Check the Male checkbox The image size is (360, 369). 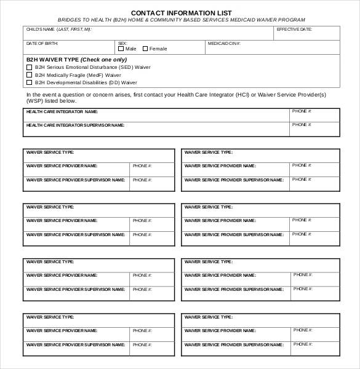click(121, 49)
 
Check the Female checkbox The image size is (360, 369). click(145, 49)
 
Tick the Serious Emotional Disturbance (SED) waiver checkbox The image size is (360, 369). click(29, 67)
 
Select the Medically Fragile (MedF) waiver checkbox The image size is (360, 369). click(29, 74)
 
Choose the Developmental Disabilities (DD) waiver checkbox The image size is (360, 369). click(29, 82)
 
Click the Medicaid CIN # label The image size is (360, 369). click(224, 44)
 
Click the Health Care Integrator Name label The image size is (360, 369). click(62, 112)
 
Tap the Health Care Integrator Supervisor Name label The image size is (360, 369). click(75, 125)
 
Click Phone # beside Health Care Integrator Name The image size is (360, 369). click(302, 112)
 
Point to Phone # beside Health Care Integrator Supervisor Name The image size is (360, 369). click(302, 125)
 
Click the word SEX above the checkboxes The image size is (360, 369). click(122, 44)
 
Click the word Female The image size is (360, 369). click(158, 49)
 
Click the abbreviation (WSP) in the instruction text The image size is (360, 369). click(35, 100)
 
